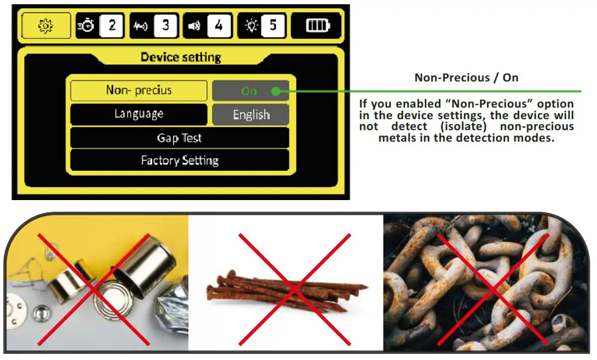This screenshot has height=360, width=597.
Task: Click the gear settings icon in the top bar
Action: (45, 26)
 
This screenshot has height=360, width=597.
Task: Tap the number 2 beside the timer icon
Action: (112, 26)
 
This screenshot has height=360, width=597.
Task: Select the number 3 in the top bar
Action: (165, 26)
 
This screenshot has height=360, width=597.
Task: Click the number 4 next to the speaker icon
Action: (219, 26)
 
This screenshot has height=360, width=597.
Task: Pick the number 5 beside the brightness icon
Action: (273, 26)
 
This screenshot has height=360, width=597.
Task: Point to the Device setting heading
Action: (181, 58)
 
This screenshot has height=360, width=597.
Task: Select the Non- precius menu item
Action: (139, 91)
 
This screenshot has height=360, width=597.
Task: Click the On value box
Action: (249, 91)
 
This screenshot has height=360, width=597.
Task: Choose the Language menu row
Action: (139, 114)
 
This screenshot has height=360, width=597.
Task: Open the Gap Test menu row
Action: (179, 138)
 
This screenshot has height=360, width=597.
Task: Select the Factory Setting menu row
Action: (179, 161)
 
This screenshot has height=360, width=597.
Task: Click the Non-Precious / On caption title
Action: (466, 78)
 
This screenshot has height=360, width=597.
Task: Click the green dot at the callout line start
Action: (276, 92)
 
